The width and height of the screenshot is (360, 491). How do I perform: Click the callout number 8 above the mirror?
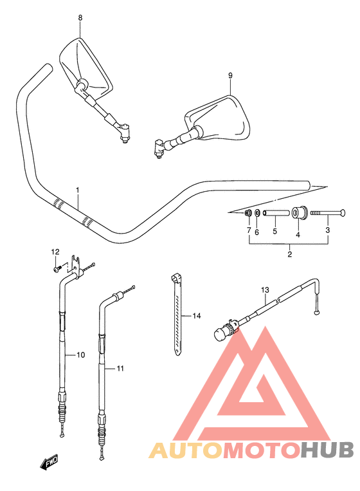(80, 18)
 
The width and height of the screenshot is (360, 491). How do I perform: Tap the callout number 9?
(230, 75)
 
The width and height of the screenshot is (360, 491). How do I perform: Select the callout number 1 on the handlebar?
(78, 190)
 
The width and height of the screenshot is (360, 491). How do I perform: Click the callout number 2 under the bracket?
(290, 254)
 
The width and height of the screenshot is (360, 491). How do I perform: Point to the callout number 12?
(55, 252)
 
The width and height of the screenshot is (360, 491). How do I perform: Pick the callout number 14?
(197, 316)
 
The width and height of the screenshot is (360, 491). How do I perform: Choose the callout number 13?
(265, 290)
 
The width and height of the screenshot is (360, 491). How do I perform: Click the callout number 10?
(81, 355)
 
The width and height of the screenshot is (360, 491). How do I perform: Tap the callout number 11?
(120, 369)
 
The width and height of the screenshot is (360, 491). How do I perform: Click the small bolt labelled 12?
(57, 269)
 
